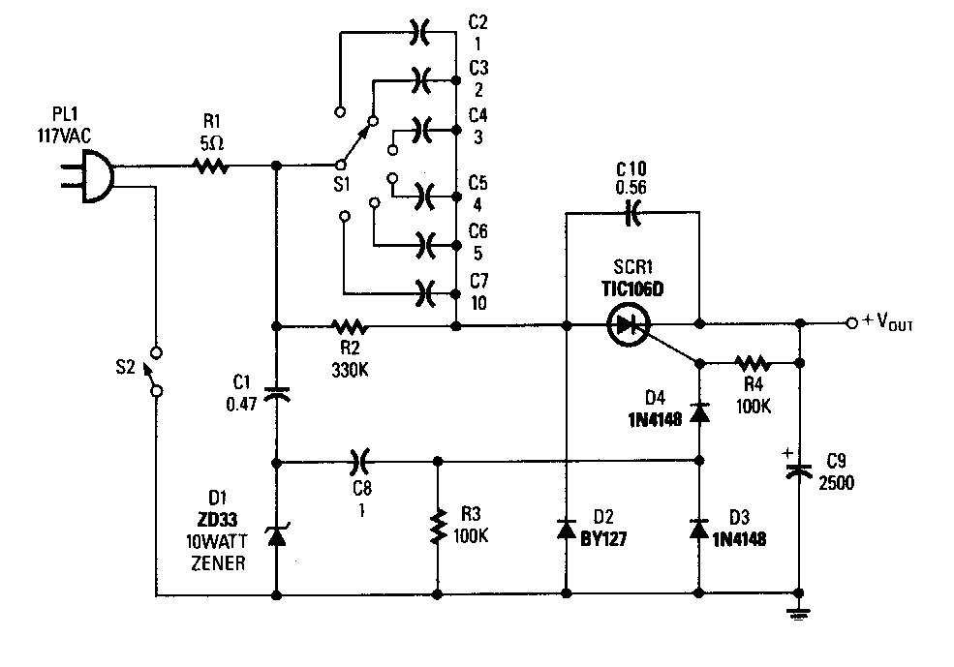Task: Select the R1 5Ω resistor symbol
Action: (x=211, y=167)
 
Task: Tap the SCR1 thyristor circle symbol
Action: (x=629, y=325)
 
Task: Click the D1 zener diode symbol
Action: (x=277, y=532)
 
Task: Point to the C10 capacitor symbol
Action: (x=632, y=210)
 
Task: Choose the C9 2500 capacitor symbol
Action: (x=800, y=469)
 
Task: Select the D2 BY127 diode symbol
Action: (x=567, y=529)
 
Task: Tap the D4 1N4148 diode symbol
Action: (x=700, y=412)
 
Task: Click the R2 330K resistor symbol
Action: (x=346, y=325)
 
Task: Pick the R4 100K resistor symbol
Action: (x=752, y=364)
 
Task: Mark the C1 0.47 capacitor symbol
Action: (x=277, y=393)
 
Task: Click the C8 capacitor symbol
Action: (x=359, y=461)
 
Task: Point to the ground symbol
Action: (x=800, y=611)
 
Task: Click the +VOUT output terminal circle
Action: (x=850, y=322)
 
